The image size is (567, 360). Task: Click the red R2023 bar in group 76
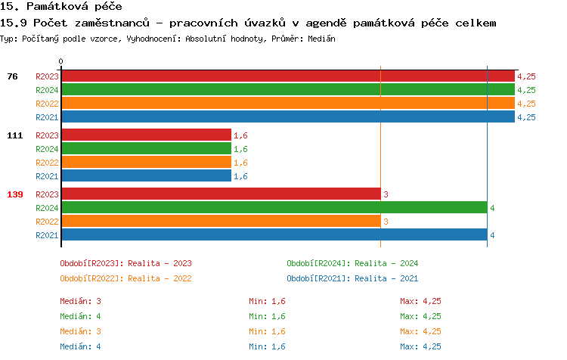tap(287, 76)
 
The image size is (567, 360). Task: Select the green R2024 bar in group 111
tap(146, 149)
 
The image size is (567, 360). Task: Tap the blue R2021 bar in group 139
tap(274, 235)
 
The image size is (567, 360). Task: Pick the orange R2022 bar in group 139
tap(220, 222)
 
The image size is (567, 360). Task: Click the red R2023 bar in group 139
tap(220, 194)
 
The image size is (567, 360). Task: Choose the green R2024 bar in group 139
tap(274, 208)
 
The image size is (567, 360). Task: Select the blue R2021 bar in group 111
tap(146, 176)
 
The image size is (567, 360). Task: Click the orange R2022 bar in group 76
tap(287, 104)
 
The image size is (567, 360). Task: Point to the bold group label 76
tap(13, 76)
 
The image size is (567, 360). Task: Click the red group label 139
tap(15, 194)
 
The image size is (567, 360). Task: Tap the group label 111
tap(15, 135)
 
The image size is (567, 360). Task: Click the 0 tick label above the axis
tap(61, 61)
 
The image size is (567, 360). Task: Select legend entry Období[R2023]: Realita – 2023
tap(125, 263)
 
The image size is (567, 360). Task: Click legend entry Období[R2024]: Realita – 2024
tap(352, 263)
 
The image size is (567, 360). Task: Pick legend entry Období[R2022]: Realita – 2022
tap(125, 278)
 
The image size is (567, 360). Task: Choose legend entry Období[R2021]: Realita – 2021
tap(352, 278)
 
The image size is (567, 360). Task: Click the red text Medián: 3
tap(81, 301)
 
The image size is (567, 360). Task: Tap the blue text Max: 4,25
tap(421, 346)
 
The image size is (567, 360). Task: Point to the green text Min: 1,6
tap(267, 316)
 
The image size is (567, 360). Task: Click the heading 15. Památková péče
tap(60, 7)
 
